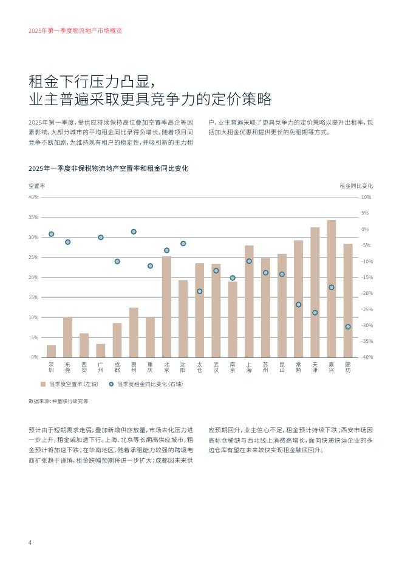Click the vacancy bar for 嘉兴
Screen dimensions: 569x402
click(x=332, y=289)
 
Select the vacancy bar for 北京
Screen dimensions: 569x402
click(x=166, y=307)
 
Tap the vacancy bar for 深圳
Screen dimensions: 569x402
click(x=51, y=351)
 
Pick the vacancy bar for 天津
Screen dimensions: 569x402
click(x=315, y=292)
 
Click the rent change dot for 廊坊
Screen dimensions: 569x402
click(x=348, y=327)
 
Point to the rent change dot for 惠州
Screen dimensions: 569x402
click(x=134, y=232)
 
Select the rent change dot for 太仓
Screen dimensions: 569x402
click(x=200, y=291)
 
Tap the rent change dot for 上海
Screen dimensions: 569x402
click(x=249, y=261)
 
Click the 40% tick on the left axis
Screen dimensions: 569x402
click(x=34, y=197)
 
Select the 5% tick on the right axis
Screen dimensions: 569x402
click(x=364, y=213)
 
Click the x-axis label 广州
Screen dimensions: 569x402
click(x=101, y=367)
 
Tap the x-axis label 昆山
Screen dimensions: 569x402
click(x=282, y=367)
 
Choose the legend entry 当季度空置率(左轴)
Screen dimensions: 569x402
click(x=71, y=384)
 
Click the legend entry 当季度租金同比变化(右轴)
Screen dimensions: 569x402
click(x=147, y=384)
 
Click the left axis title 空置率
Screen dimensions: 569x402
click(x=37, y=185)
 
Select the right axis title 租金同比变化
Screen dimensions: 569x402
click(x=356, y=185)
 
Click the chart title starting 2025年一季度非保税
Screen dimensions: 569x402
click(x=109, y=168)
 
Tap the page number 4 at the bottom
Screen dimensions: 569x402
click(x=30, y=542)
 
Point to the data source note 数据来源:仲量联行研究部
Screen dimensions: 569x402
click(x=58, y=401)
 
